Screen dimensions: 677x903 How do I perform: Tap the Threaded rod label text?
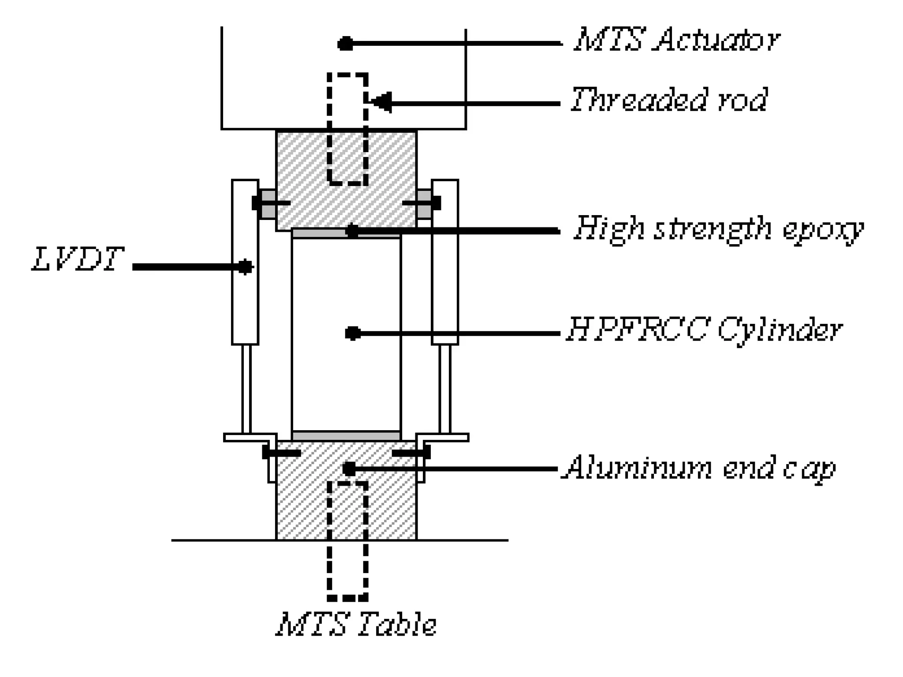(669, 100)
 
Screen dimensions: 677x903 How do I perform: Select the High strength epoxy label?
(718, 229)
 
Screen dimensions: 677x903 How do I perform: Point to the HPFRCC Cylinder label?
(704, 330)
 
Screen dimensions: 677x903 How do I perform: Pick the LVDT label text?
(78, 259)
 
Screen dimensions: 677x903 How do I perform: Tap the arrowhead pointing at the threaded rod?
(382, 102)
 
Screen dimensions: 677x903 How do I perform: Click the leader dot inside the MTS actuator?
(346, 44)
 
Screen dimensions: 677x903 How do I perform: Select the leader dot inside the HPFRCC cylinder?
(353, 333)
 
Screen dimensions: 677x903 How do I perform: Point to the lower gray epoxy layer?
(346, 436)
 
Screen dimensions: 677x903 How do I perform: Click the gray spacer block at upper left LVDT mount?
(268, 204)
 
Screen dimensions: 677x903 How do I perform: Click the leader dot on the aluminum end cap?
(349, 469)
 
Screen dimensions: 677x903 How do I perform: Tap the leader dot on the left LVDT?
(245, 267)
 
